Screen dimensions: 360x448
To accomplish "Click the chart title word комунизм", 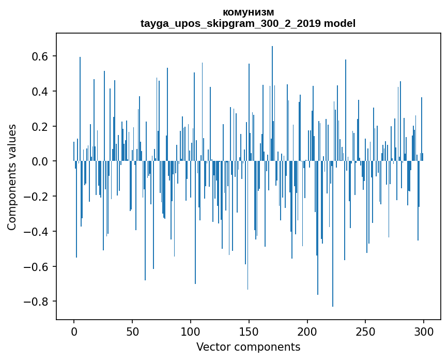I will point(248,12).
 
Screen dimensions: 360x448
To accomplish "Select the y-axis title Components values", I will point(11,177).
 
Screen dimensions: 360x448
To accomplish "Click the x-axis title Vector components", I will point(248,347).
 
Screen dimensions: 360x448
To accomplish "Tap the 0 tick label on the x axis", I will point(74,331).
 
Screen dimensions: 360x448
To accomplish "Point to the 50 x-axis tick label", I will point(132,331).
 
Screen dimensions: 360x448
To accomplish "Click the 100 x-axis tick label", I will point(191,331).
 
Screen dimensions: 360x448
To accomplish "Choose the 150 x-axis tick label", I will point(249,331).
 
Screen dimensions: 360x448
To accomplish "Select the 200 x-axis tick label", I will point(307,331).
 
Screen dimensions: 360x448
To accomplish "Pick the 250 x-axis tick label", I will point(366,331).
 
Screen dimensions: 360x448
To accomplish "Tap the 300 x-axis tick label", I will point(424,331).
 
